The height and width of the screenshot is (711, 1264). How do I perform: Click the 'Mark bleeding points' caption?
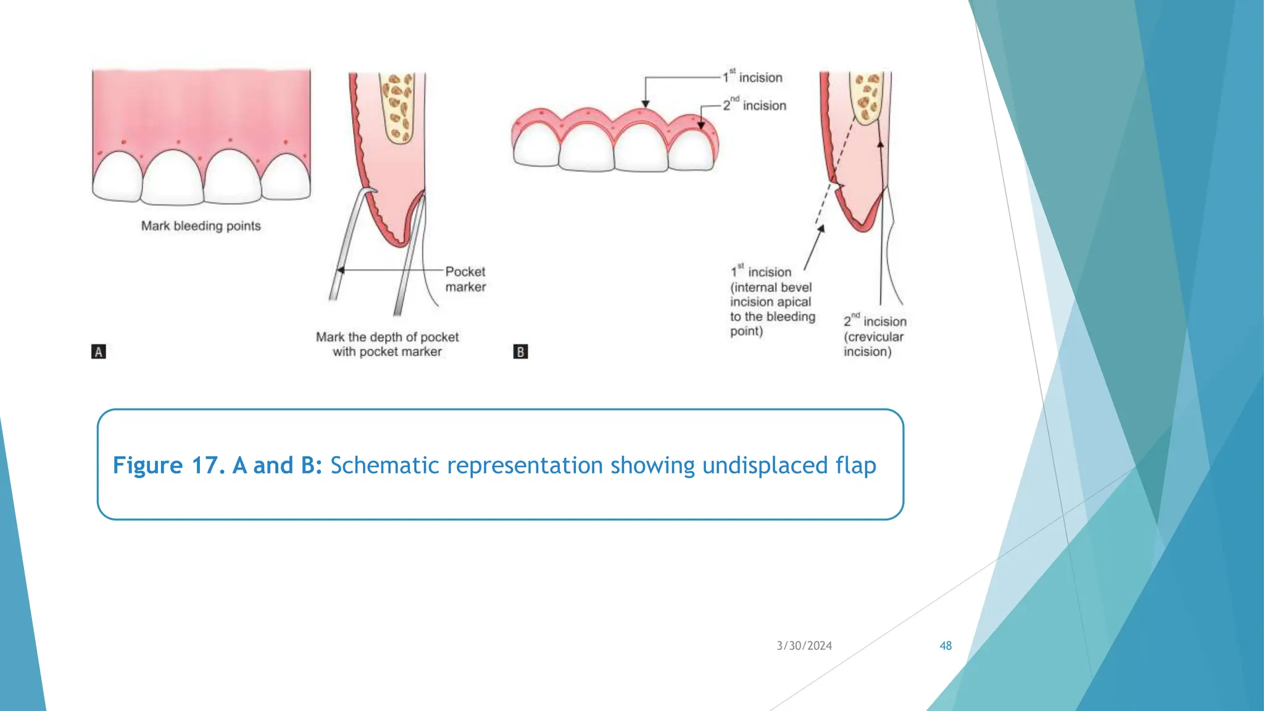pyautogui.click(x=201, y=226)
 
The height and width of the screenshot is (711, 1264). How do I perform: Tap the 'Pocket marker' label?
pyautogui.click(x=465, y=279)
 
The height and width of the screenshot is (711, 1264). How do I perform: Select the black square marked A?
pyautogui.click(x=99, y=352)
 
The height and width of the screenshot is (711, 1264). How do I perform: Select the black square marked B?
pyautogui.click(x=520, y=352)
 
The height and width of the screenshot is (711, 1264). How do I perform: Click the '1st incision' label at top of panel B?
pyautogui.click(x=753, y=77)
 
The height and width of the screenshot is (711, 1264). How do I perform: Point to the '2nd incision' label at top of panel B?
pyautogui.click(x=755, y=105)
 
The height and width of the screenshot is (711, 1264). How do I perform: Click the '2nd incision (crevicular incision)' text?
pyautogui.click(x=874, y=336)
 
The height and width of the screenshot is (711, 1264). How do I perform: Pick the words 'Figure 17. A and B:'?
pyautogui.click(x=217, y=465)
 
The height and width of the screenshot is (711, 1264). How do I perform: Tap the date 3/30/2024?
pyautogui.click(x=804, y=646)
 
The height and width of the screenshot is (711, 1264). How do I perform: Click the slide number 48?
pyautogui.click(x=946, y=646)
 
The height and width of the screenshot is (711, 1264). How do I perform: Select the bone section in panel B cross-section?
pyautogui.click(x=867, y=98)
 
